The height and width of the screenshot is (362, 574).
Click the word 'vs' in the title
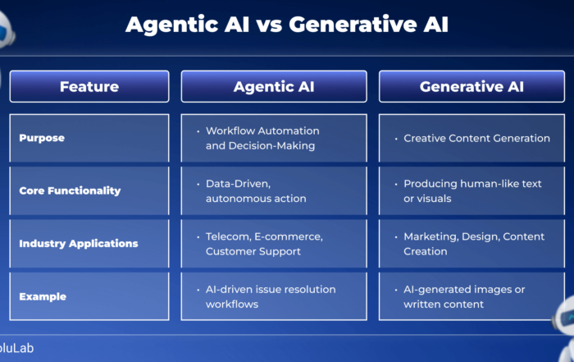coord(269,25)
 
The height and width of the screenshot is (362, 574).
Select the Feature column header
coord(89,86)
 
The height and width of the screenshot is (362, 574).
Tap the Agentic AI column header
coord(274,86)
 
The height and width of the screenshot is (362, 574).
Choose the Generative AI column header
coord(471,86)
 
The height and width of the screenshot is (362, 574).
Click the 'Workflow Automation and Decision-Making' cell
coord(274,138)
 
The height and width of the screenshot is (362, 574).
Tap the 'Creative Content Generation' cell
coord(471,138)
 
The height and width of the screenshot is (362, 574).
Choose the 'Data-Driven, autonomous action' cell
coord(274,191)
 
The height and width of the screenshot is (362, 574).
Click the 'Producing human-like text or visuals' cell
coord(471,191)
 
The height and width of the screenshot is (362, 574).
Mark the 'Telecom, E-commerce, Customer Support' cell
coord(274,244)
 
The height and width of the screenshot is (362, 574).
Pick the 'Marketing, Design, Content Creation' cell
coord(471,244)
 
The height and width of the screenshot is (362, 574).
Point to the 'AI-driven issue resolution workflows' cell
coord(274,296)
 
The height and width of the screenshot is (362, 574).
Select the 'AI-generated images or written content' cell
coord(471,296)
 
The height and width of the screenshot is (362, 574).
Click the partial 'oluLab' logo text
coord(16,348)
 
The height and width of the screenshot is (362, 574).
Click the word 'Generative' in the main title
coord(353,25)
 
